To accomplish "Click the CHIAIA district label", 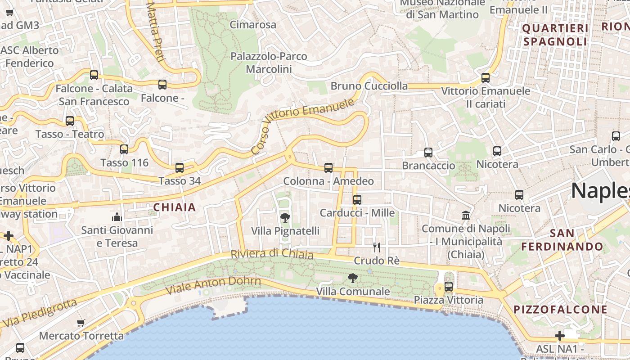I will pyautogui.click(x=175, y=207).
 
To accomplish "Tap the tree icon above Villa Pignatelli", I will pyautogui.click(x=285, y=218).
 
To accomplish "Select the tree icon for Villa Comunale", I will pyautogui.click(x=353, y=278).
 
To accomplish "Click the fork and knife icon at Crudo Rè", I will pyautogui.click(x=377, y=247).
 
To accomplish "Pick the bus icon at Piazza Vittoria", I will pyautogui.click(x=448, y=287).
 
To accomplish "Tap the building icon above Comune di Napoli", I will pyautogui.click(x=466, y=216).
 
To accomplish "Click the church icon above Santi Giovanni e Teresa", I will pyautogui.click(x=117, y=217).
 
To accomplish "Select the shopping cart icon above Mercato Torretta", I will pyautogui.click(x=81, y=323).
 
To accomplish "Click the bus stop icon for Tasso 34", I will pyautogui.click(x=180, y=168).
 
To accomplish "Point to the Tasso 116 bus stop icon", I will pyautogui.click(x=124, y=149).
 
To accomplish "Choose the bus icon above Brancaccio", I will pyautogui.click(x=428, y=153).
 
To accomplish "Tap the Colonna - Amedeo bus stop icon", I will pyautogui.click(x=328, y=168).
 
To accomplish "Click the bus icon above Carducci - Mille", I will pyautogui.click(x=357, y=200).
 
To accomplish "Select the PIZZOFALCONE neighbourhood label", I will pyautogui.click(x=560, y=310).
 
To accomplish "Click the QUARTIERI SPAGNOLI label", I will pyautogui.click(x=555, y=35).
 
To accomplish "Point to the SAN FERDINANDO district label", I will pyautogui.click(x=562, y=240).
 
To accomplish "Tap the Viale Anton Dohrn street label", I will pyautogui.click(x=213, y=285).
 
